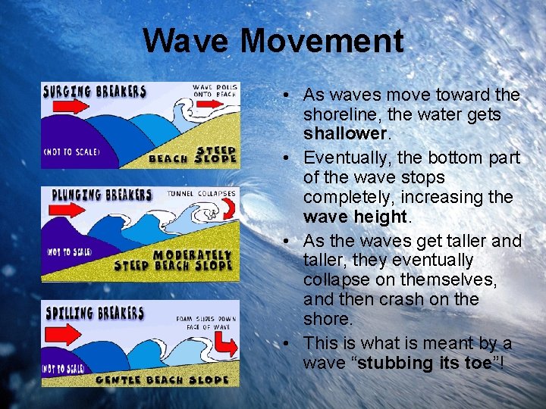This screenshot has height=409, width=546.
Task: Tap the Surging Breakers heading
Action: pyautogui.click(x=95, y=92)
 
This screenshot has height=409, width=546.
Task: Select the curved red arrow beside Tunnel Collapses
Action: pyautogui.click(x=222, y=214)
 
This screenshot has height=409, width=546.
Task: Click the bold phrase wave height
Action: pyautogui.click(x=355, y=217)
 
